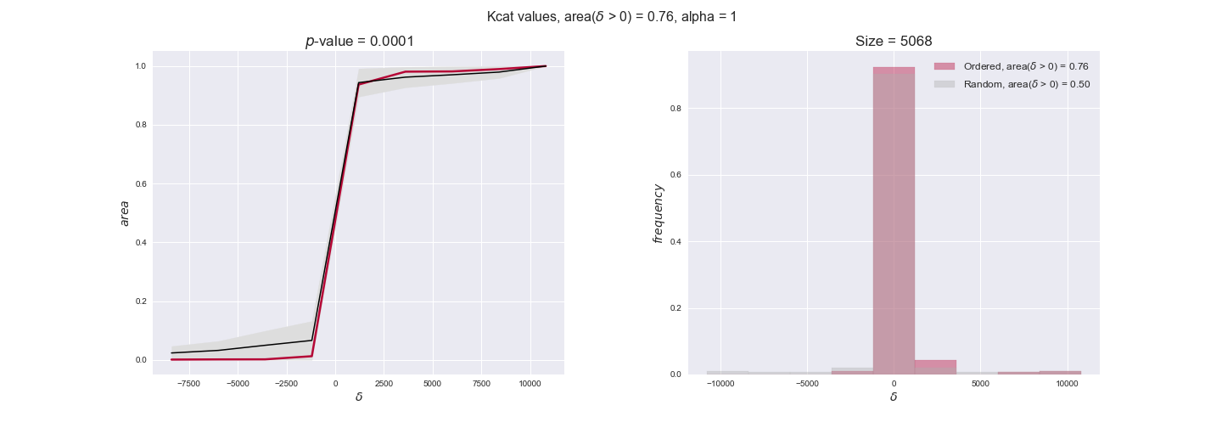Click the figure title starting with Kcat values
611,16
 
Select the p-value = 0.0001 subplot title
359,42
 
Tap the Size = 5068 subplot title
893,42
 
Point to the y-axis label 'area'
125,212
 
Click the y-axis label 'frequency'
658,213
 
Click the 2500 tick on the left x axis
384,383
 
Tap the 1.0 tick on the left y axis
141,66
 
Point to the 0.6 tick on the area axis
141,183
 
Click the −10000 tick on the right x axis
720,383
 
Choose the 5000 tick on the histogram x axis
980,383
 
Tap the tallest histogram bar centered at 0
894,221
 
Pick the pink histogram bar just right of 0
935,367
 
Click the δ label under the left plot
359,397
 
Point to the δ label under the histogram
893,397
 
